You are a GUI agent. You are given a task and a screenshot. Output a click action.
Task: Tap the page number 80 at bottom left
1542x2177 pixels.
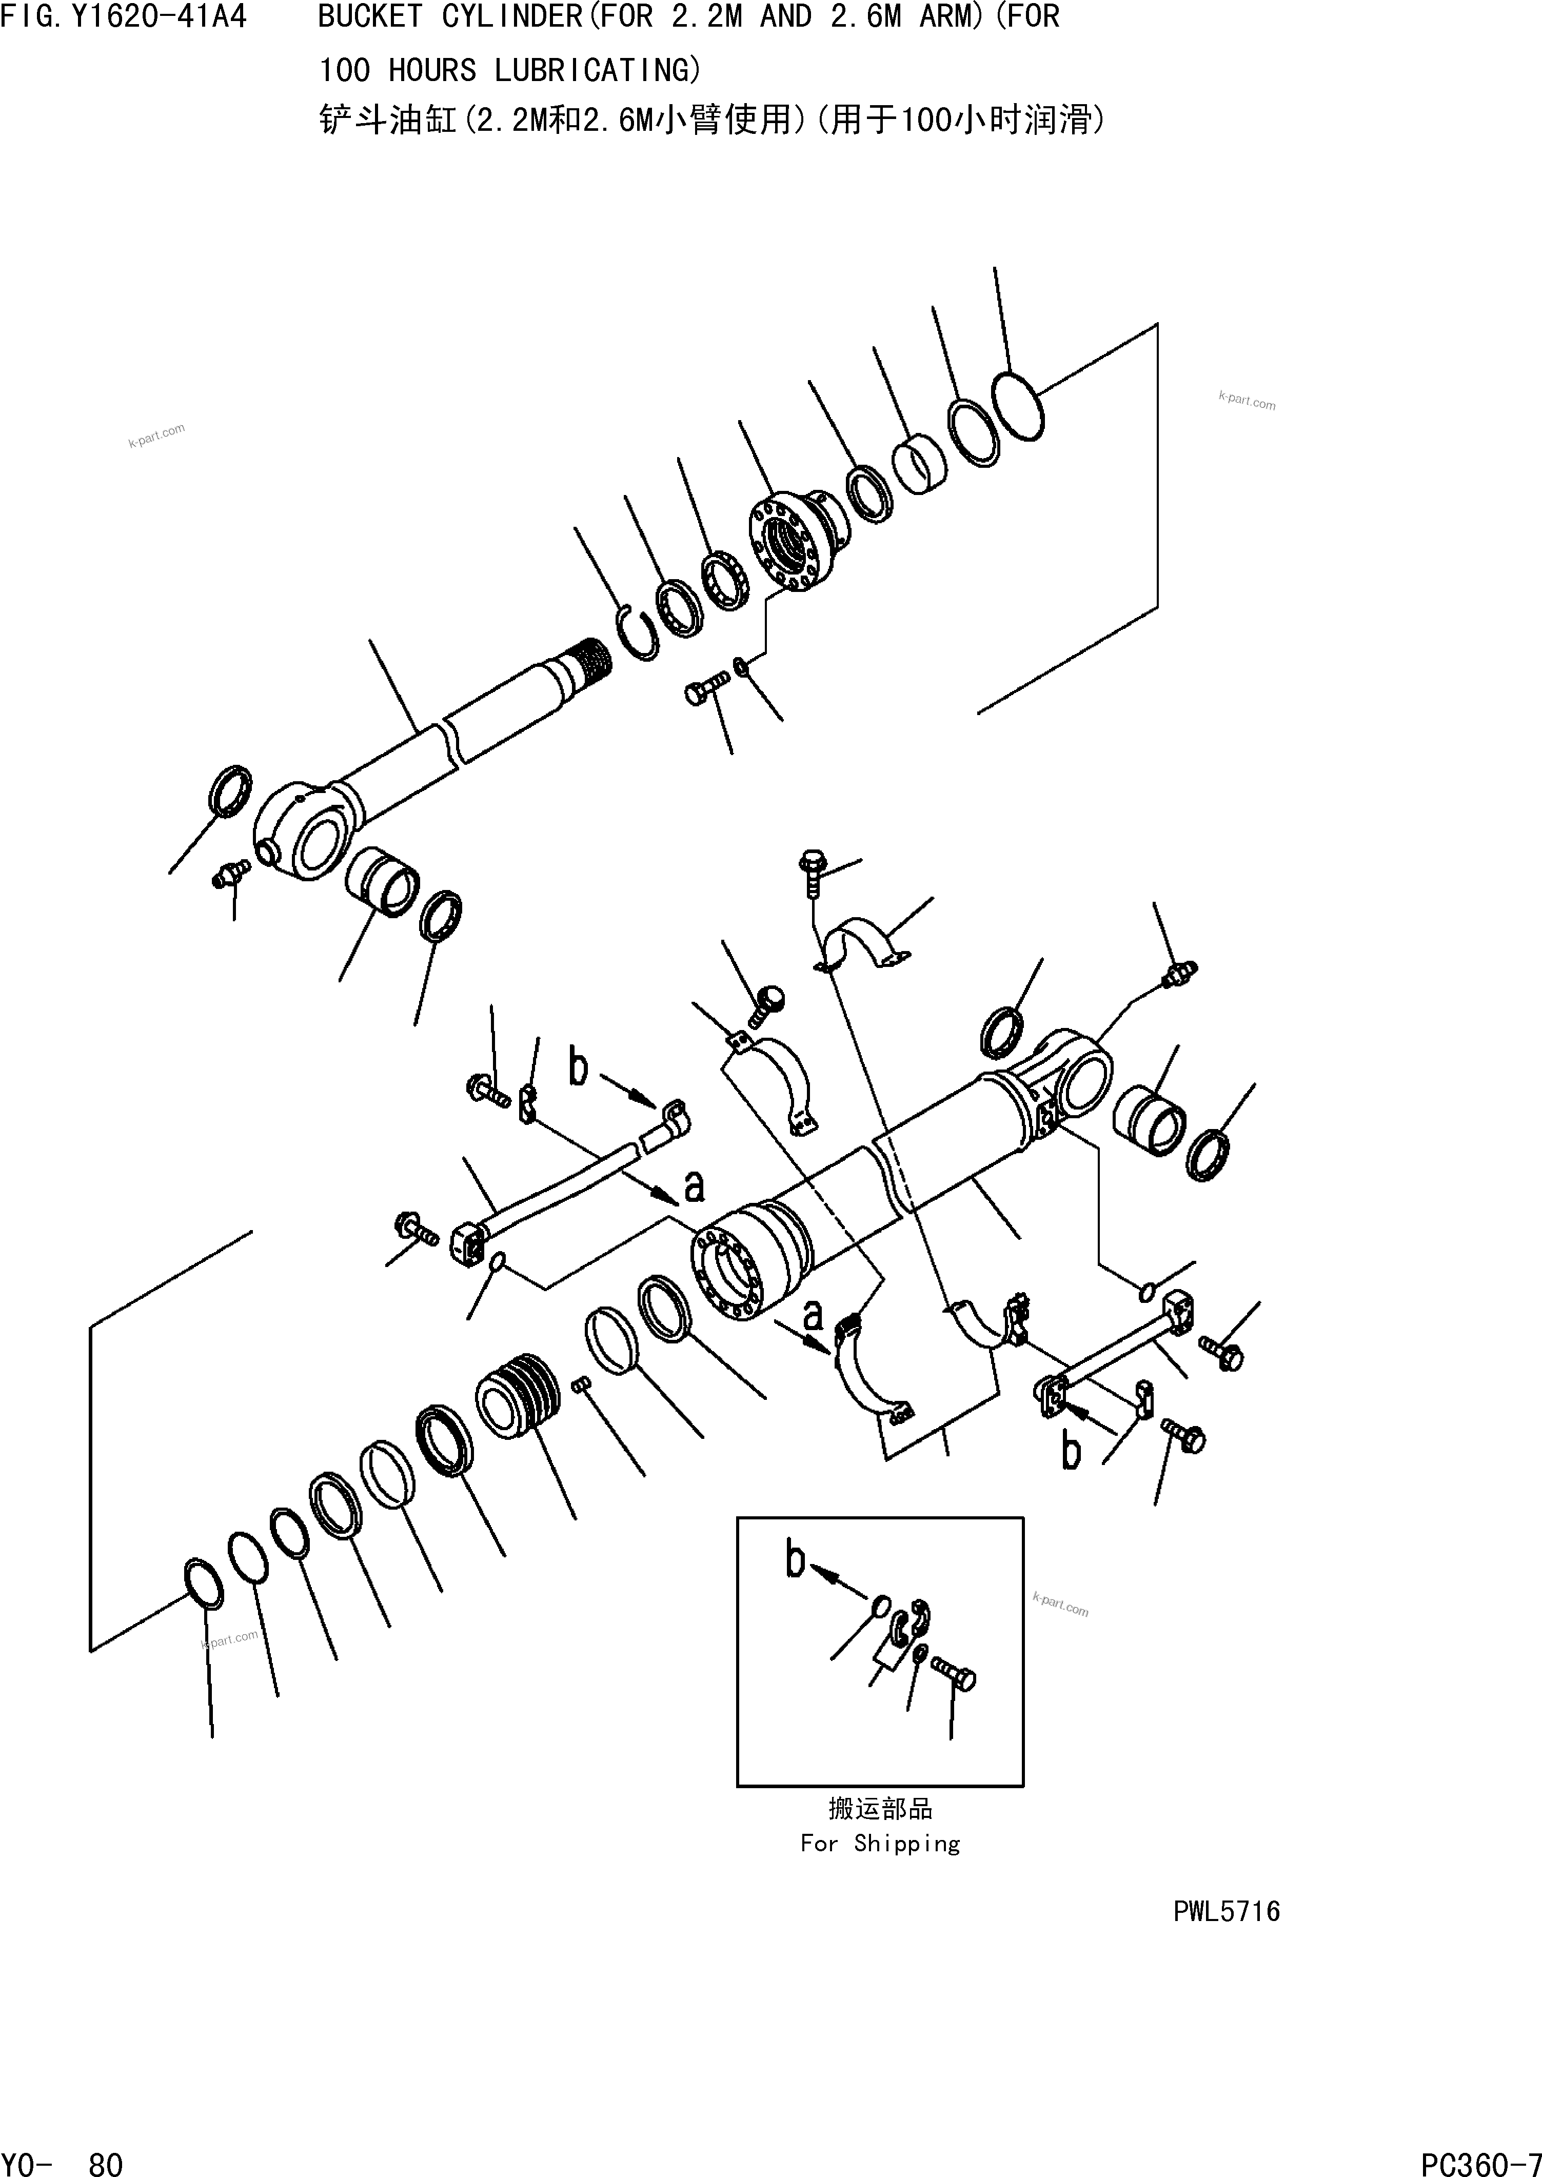[x=105, y=2158]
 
